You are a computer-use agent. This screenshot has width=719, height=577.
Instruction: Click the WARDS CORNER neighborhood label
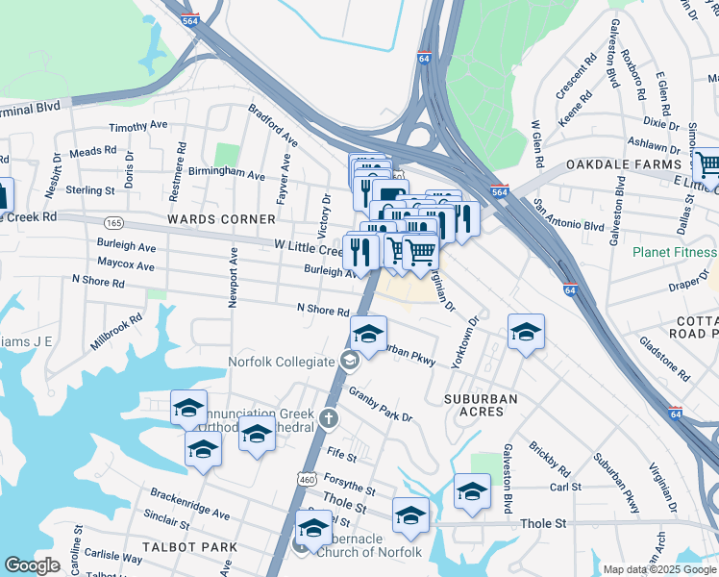[208, 219]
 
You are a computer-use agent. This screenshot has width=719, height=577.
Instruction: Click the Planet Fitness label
[674, 253]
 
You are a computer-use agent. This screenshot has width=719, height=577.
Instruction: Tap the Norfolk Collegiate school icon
[350, 362]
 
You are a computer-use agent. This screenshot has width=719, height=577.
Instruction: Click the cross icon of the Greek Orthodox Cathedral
[329, 418]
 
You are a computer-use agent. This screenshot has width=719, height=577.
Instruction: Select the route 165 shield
[113, 222]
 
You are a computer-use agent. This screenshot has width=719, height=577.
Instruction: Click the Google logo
[32, 566]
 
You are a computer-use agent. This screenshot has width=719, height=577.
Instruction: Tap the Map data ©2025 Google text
[659, 569]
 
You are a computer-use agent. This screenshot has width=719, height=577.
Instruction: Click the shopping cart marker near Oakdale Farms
[707, 164]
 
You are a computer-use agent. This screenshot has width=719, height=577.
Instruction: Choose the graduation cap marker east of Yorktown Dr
[526, 333]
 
